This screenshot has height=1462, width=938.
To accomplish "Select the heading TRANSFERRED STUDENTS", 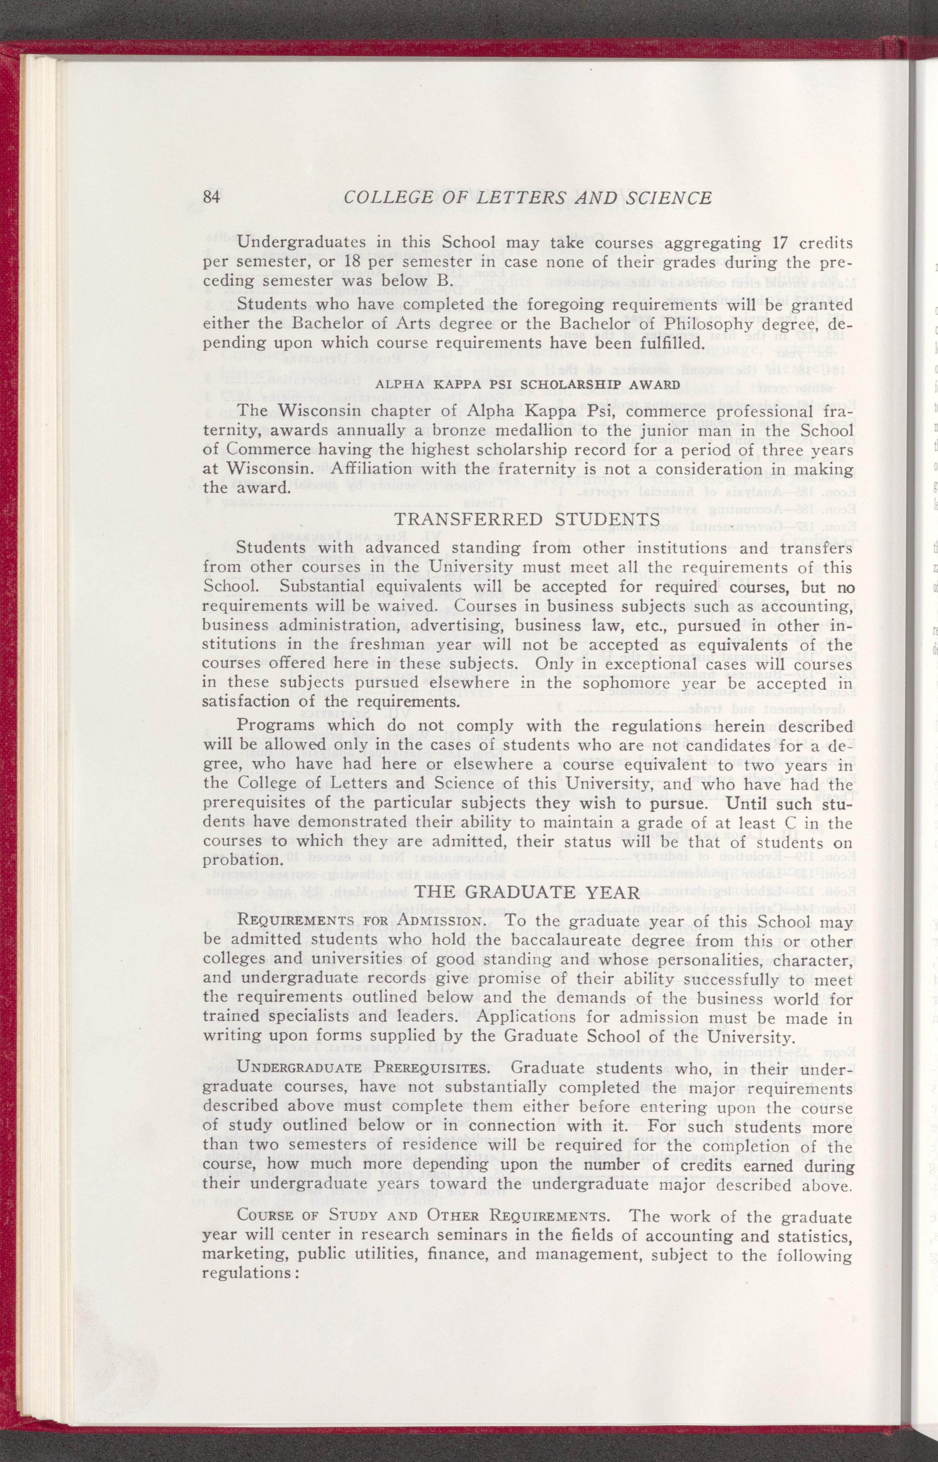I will pyautogui.click(x=528, y=519).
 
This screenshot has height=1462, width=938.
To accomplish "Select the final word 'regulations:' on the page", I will pyautogui.click(x=250, y=1257).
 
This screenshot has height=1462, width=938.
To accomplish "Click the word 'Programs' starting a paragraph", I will pyautogui.click(x=275, y=725).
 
